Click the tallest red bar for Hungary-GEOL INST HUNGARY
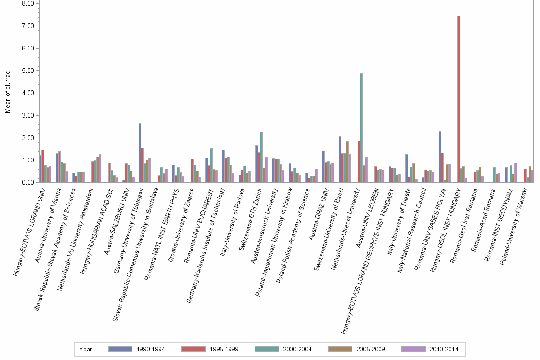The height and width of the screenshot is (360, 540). [x=458, y=99]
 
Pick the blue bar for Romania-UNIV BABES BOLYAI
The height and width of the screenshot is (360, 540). [x=440, y=157]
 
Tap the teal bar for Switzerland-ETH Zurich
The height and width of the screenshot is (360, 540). [x=261, y=157]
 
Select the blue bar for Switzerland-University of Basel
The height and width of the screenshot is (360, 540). [x=340, y=159]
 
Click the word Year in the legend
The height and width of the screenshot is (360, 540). [x=86, y=349]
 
